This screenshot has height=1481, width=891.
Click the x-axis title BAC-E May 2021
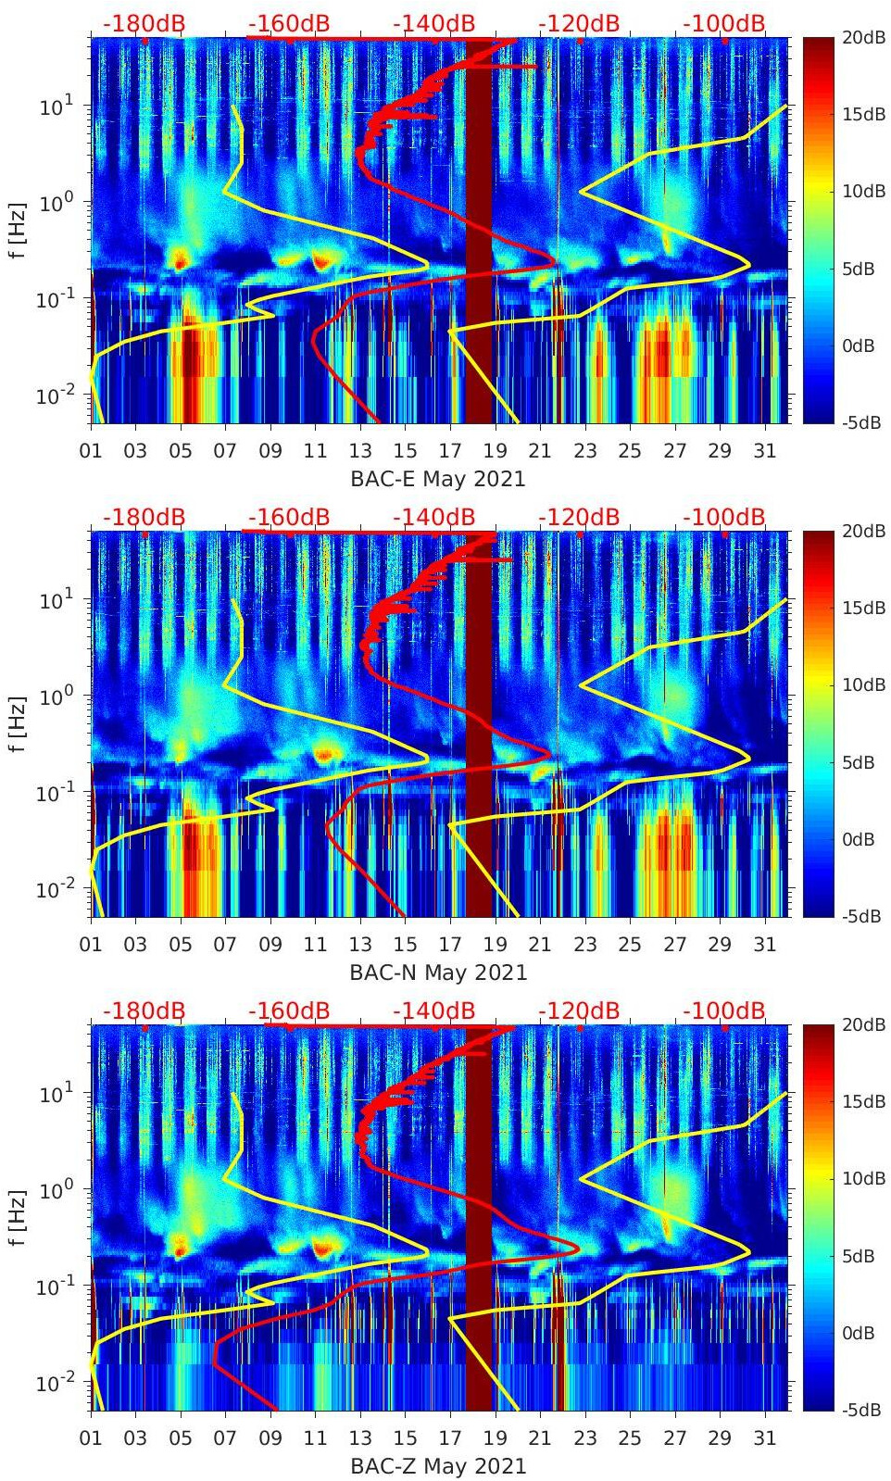tap(437, 479)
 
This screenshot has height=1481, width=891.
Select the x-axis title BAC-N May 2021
tap(437, 973)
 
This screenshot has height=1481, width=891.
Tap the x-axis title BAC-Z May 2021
tap(437, 1466)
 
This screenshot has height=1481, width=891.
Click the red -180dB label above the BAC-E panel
tap(144, 23)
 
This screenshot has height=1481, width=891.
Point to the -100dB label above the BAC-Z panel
tap(724, 1010)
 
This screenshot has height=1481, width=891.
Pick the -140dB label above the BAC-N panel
tap(433, 517)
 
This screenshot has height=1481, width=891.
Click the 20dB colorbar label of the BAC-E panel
tap(861, 37)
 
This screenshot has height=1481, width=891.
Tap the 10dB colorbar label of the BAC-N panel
tap(861, 685)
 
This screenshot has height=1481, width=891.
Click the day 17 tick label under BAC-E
tap(450, 451)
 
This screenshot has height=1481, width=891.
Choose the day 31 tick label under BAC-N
tap(764, 945)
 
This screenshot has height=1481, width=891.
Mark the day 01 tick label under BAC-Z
tap(91, 1438)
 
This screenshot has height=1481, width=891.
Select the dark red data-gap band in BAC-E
tap(478, 232)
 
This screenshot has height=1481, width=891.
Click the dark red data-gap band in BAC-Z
tap(478, 1218)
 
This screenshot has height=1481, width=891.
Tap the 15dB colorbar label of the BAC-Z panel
tap(861, 1101)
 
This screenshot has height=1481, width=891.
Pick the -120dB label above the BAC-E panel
tap(579, 23)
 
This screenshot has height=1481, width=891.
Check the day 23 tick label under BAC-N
tap(584, 945)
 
